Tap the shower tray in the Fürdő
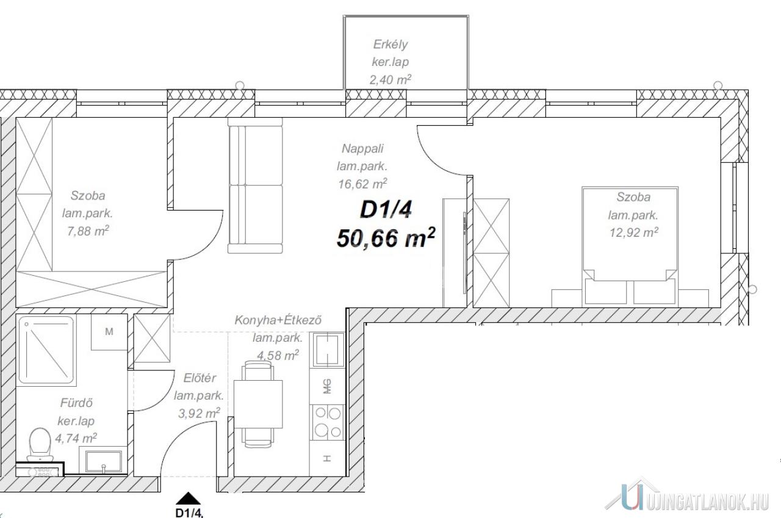(x=46, y=350)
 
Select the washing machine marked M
(x=109, y=332)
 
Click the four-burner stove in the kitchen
(x=328, y=422)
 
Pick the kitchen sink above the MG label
(x=328, y=350)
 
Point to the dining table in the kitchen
(x=258, y=405)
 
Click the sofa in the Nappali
(x=255, y=185)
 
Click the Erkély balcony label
(x=390, y=45)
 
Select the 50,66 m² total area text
(x=386, y=238)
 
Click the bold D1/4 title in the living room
(x=386, y=210)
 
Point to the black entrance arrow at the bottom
(x=189, y=498)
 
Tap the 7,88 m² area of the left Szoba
(x=88, y=231)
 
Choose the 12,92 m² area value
(x=633, y=232)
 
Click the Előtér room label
(x=200, y=378)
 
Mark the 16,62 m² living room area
(x=362, y=184)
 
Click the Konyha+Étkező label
(x=278, y=320)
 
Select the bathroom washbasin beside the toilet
(x=104, y=461)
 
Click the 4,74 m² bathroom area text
(x=76, y=438)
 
